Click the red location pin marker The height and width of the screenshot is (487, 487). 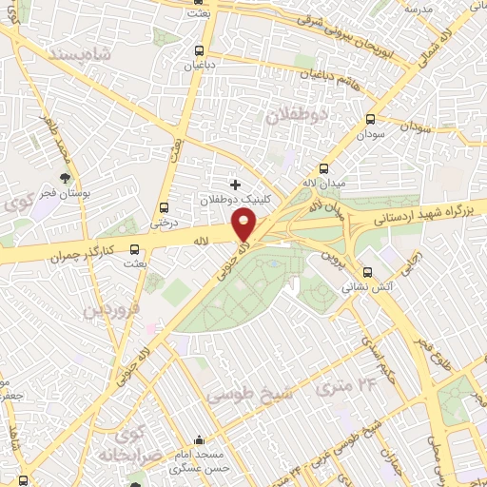244,224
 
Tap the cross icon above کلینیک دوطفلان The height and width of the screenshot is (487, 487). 235,183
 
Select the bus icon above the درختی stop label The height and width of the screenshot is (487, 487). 165,207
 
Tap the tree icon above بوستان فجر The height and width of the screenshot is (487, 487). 66,178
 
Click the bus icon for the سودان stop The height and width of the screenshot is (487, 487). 370,120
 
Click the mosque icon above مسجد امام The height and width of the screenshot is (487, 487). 199,439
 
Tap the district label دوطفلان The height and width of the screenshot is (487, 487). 296,114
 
